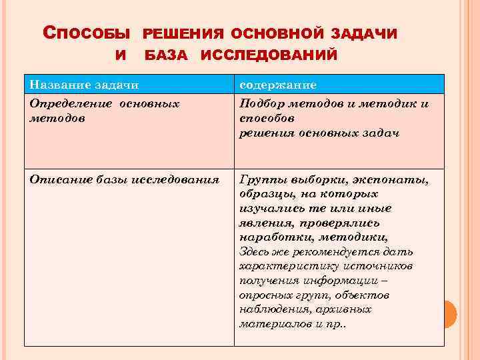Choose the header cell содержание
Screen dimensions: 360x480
coord(278,85)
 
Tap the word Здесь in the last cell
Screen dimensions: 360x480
coord(254,251)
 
